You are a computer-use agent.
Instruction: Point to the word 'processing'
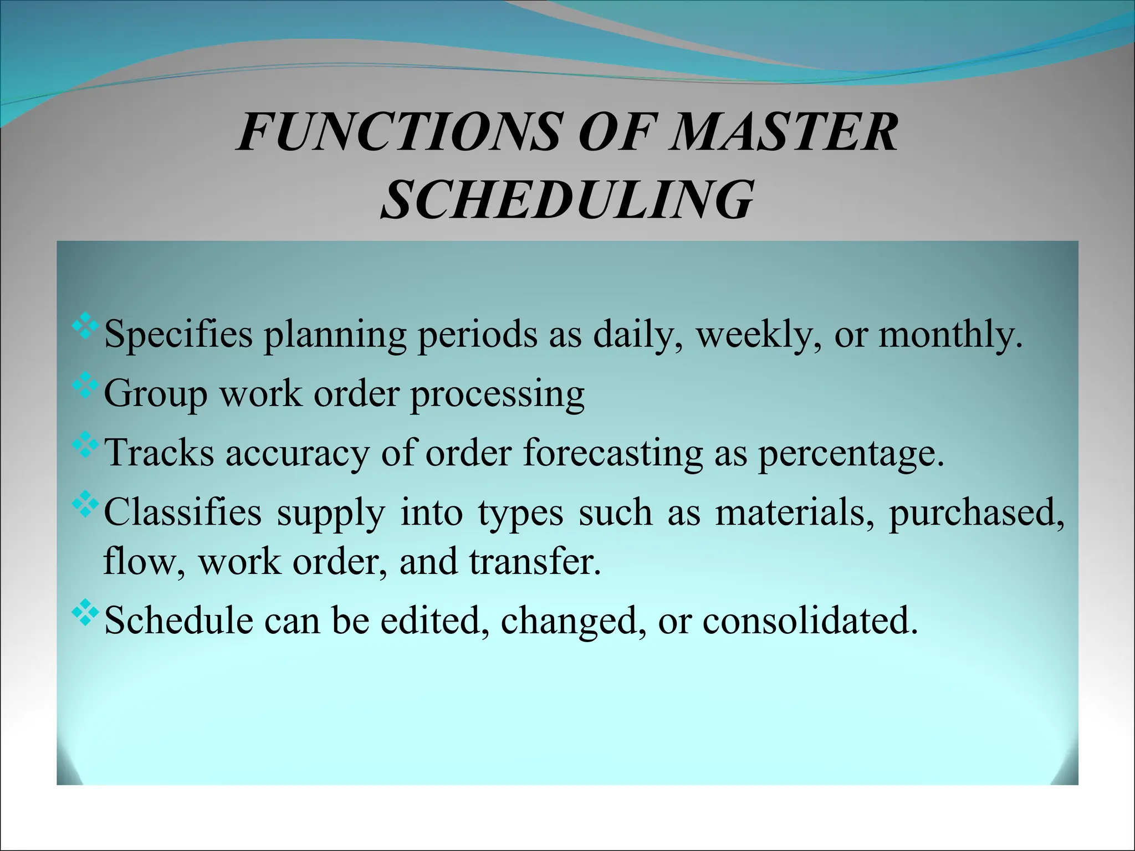point(497,395)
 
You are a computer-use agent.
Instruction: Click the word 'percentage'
point(849,453)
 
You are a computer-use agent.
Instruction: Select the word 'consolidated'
point(809,621)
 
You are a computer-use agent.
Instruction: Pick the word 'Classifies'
point(182,512)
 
